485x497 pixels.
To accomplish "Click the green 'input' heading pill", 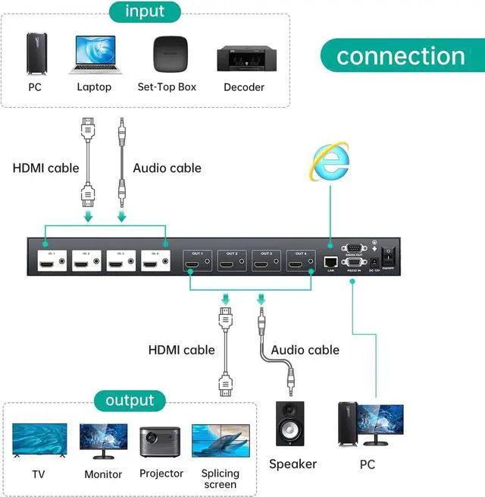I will click(x=145, y=11).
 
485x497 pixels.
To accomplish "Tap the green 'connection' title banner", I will click(x=401, y=55).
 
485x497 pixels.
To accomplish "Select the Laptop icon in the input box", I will click(x=95, y=54).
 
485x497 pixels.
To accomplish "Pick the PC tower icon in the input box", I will click(x=35, y=52).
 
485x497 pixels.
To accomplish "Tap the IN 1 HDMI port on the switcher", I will click(x=47, y=265).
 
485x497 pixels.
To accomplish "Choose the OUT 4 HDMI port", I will click(x=296, y=265).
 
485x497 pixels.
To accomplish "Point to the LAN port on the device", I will click(x=330, y=261).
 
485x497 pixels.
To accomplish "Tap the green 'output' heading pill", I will click(x=130, y=401).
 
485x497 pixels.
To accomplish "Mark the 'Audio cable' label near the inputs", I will click(x=167, y=168).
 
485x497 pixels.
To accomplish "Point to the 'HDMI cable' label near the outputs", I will click(x=181, y=350).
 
